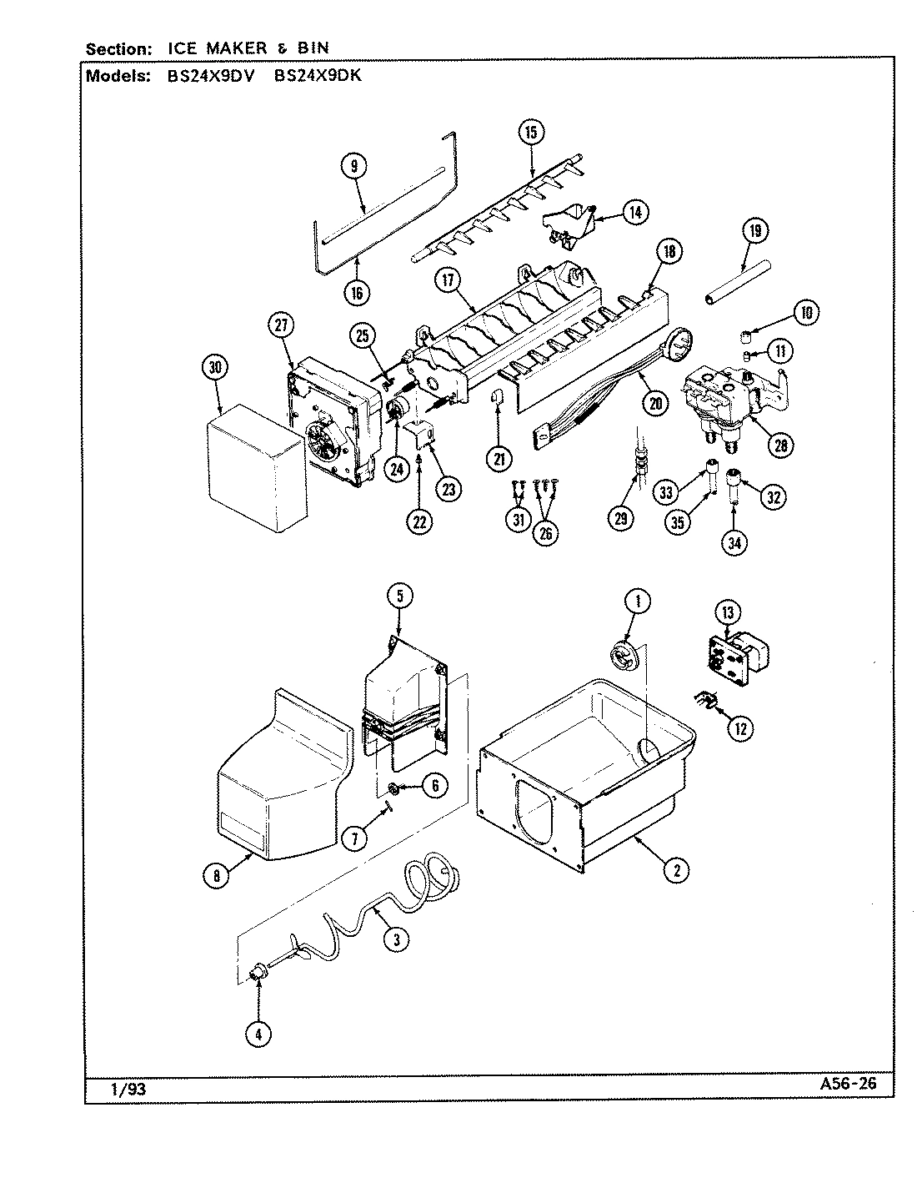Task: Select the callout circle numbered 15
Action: click(x=531, y=131)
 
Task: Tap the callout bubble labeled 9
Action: click(x=353, y=167)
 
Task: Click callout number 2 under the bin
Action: click(x=675, y=870)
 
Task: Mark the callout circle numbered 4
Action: click(x=258, y=1034)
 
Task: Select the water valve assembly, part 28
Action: click(x=725, y=405)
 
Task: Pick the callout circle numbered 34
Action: click(x=734, y=542)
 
